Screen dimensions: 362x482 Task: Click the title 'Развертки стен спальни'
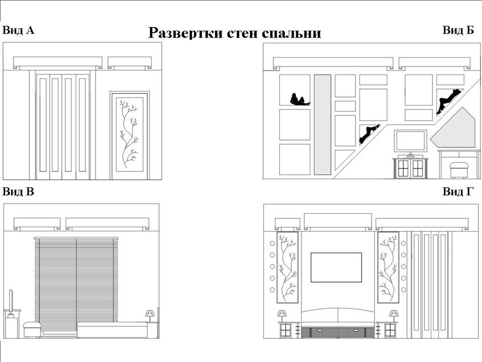234,33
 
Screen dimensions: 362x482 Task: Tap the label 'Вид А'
19,30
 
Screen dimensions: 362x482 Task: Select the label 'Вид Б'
458,30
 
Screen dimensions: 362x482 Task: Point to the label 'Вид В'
19,192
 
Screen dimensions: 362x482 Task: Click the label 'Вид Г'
458,192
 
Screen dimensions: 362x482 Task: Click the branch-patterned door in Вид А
130,135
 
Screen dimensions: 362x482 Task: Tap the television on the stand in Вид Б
410,141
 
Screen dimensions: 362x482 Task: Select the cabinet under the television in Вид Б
410,168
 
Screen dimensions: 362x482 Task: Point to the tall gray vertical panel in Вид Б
322,125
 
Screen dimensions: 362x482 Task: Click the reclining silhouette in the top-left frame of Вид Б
299,100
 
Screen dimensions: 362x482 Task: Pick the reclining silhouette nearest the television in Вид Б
369,133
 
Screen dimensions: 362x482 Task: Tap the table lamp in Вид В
150,315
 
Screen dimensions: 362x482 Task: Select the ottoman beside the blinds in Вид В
32,330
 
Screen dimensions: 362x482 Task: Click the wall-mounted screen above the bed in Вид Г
336,267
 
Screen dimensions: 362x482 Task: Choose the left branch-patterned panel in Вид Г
287,267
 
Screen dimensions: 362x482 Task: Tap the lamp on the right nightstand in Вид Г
394,315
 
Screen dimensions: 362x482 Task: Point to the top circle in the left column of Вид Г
272,243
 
